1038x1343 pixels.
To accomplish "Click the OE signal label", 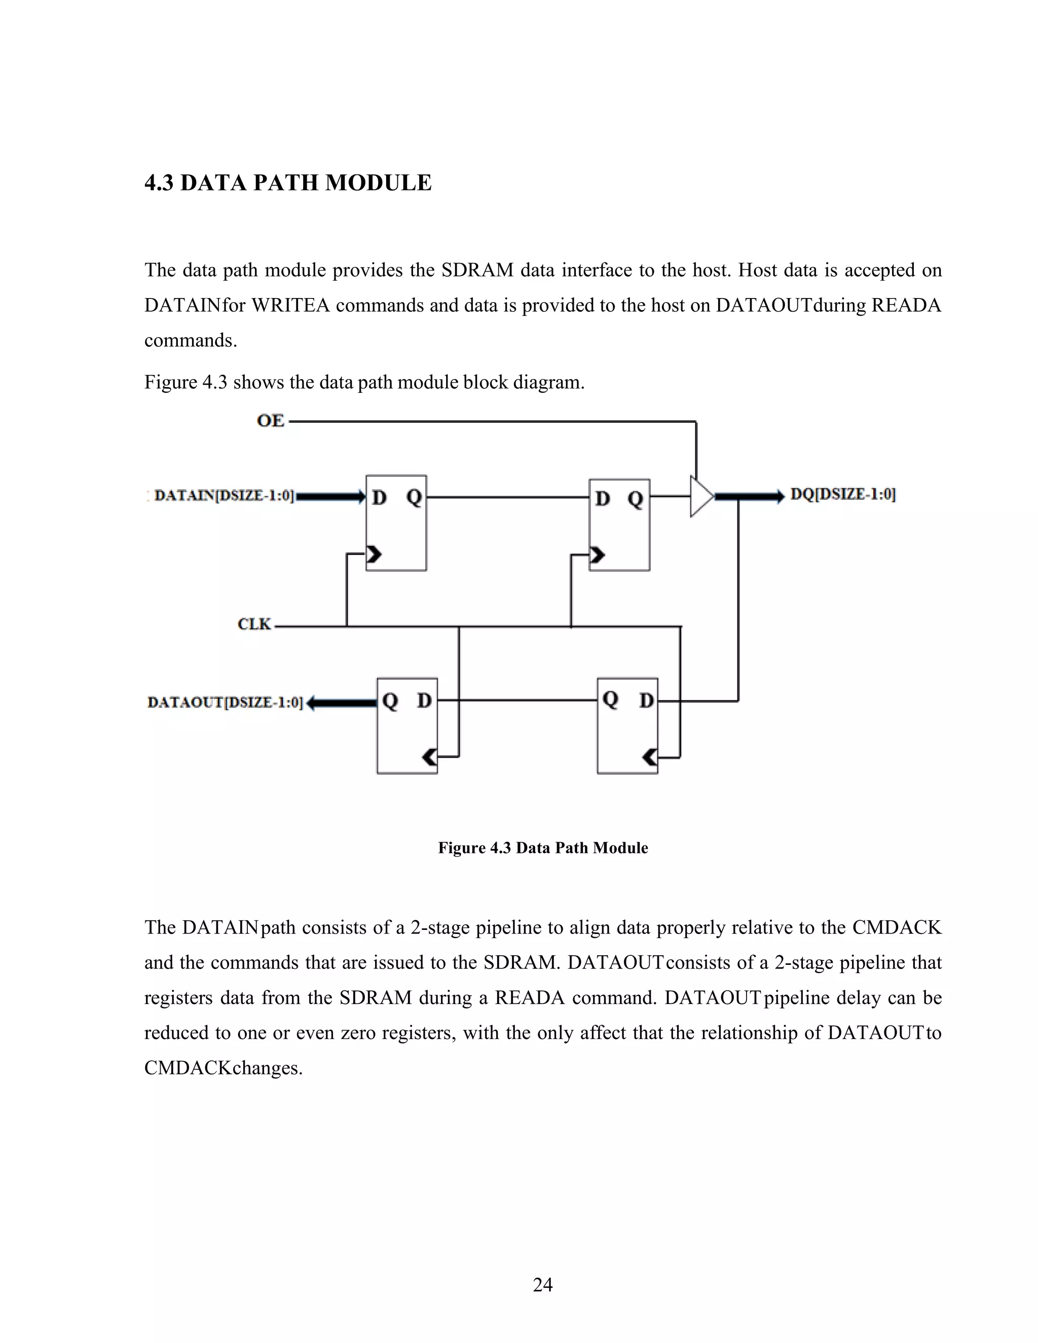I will point(271,421).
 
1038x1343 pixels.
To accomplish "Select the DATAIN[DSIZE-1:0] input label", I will point(225,496).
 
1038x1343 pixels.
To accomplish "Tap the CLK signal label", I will point(254,625).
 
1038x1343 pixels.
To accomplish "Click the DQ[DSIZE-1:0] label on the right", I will point(842,495).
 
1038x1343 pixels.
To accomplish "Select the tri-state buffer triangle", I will point(701,496).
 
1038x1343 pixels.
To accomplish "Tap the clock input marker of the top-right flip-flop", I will point(597,555).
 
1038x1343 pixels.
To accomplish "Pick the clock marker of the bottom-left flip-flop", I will point(429,757).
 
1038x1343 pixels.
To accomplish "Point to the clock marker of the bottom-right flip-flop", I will point(649,757).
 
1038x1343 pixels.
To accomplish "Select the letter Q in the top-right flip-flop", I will point(635,499).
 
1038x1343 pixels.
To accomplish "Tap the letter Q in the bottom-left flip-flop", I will point(390,700).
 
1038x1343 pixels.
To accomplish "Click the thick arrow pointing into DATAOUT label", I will point(341,703).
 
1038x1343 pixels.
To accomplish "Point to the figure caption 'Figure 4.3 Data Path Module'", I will point(542,848).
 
